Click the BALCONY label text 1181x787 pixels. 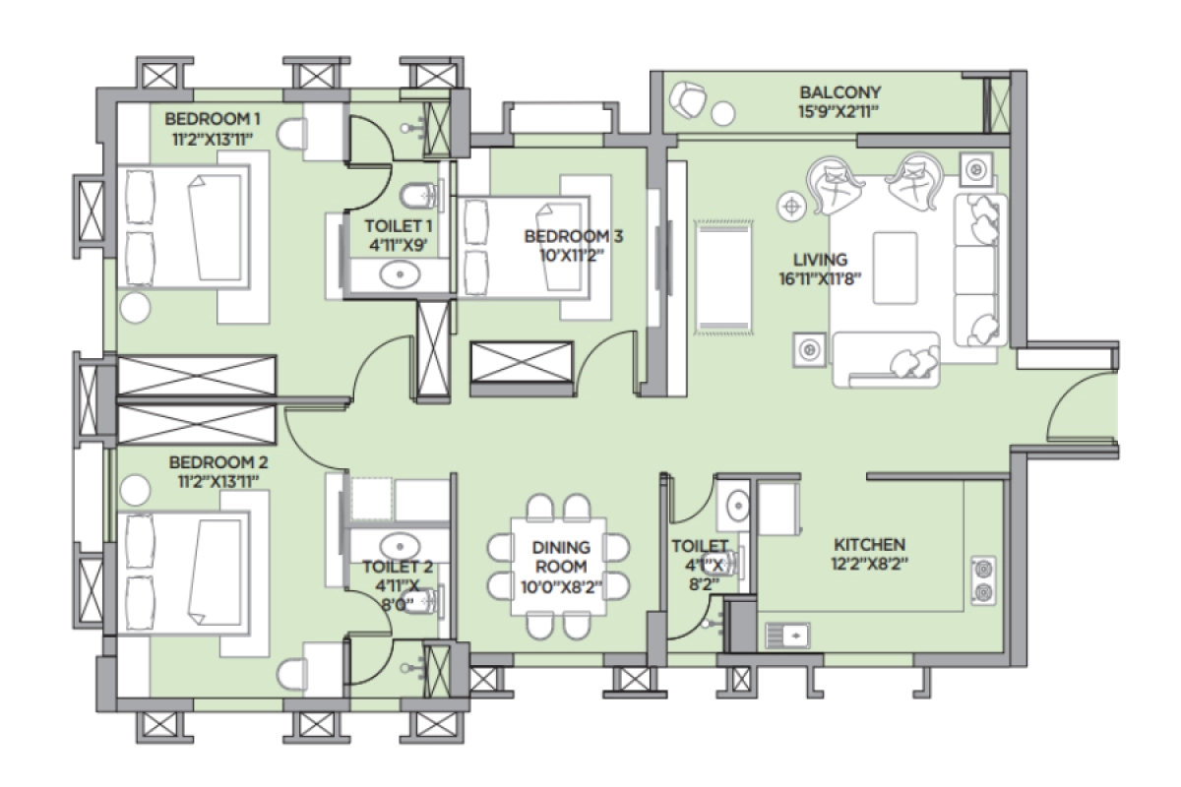839,92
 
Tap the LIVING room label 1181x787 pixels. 821,260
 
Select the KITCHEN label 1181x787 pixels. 869,544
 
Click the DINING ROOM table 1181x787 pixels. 558,567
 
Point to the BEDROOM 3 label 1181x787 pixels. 573,236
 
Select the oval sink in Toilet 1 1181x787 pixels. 399,274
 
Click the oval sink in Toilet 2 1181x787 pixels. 399,544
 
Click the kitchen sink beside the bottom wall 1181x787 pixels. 787,636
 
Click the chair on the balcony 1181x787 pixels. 687,98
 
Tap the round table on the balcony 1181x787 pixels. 723,114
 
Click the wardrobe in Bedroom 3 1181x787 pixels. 522,368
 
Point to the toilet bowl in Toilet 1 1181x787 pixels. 419,194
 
